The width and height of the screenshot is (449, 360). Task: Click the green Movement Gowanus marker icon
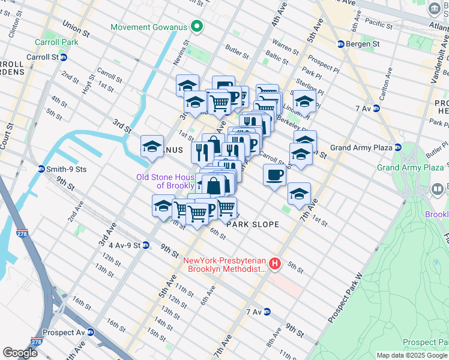(x=196, y=27)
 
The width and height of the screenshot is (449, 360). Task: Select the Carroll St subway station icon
(x=63, y=57)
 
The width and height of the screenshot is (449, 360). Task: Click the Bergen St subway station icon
(x=340, y=44)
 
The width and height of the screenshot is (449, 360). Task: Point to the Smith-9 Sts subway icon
(x=41, y=169)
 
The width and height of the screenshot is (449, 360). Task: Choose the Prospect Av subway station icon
(x=90, y=332)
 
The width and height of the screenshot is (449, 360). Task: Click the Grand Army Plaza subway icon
(x=397, y=148)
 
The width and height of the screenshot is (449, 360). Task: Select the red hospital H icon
(x=274, y=263)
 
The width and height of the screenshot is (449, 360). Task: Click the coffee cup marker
(x=274, y=175)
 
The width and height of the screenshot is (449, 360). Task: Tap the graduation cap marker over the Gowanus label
(x=152, y=146)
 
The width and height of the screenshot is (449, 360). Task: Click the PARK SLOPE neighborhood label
(x=253, y=224)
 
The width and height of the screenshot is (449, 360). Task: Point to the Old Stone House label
(x=165, y=181)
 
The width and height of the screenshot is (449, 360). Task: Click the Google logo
(x=20, y=353)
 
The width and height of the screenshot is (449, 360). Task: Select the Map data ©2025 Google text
(x=411, y=355)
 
